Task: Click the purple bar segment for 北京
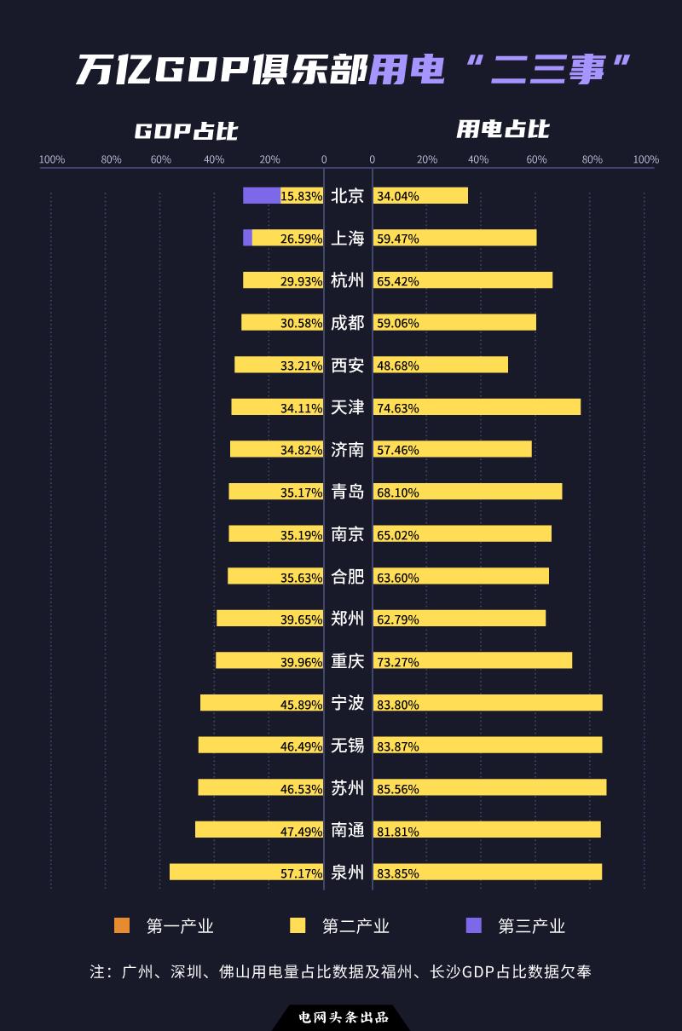point(261,195)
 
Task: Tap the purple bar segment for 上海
point(247,238)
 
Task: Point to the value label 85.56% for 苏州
point(398,789)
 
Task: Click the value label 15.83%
point(301,196)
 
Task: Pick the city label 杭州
point(347,280)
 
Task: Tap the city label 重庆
point(347,661)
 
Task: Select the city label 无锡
point(347,746)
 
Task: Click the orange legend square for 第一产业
point(122,925)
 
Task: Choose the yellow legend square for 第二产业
point(298,925)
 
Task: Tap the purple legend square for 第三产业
point(473,925)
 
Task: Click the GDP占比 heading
point(186,131)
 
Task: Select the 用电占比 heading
point(503,129)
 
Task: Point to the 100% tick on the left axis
point(52,159)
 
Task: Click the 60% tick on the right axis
point(536,159)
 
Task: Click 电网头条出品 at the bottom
point(343,1017)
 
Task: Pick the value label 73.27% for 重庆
point(398,662)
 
